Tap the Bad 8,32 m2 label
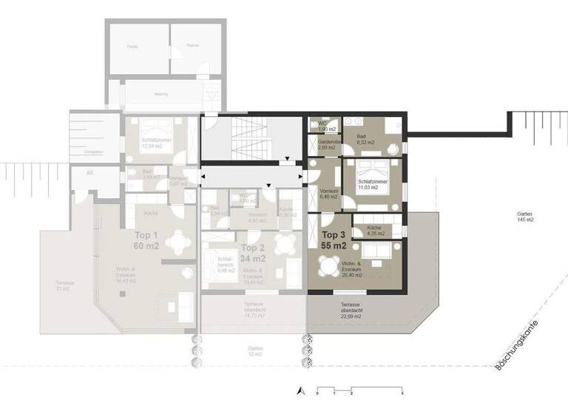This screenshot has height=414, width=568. (x=365, y=140)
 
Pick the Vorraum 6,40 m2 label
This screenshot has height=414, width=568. (x=328, y=194)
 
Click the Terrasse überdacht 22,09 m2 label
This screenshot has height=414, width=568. (x=351, y=310)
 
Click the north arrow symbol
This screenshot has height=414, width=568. (x=299, y=390)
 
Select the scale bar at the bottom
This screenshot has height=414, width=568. (x=359, y=389)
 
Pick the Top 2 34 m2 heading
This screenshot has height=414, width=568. (x=253, y=254)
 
